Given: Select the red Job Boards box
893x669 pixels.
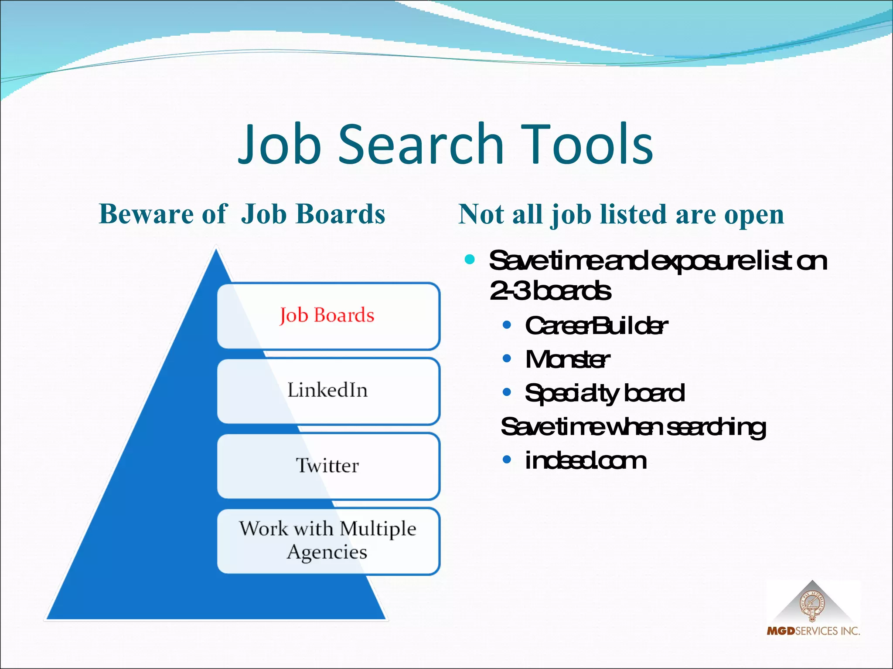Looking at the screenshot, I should tap(328, 315).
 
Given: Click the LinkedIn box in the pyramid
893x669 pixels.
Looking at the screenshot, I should tap(328, 390).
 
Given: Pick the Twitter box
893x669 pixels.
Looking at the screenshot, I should tap(328, 466).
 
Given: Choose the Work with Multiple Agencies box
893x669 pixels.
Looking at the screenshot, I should tap(328, 541).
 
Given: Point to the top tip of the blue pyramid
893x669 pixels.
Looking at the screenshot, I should tap(216, 252).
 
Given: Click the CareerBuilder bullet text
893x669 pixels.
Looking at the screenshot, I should tap(596, 326).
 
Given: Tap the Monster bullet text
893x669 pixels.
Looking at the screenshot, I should tap(567, 360).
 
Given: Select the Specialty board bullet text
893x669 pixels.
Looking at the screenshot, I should tap(604, 393).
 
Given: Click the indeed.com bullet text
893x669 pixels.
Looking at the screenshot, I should tap(585, 461).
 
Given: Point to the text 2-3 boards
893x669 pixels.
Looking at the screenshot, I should tap(550, 291).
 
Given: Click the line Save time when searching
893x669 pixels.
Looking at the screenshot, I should tap(633, 427).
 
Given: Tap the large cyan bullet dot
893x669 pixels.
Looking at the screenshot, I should tap(470, 260).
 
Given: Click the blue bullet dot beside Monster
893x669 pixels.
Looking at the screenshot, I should tap(507, 359).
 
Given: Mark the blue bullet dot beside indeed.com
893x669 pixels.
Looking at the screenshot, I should tap(507, 460).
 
